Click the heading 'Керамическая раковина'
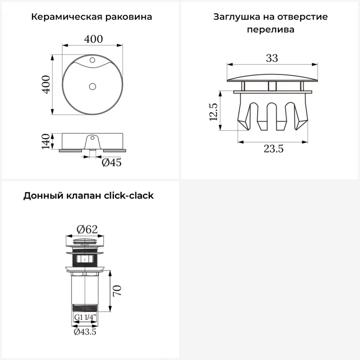[x=91, y=17]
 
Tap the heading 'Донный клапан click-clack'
[x=89, y=195]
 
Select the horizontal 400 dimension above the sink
[x=93, y=39]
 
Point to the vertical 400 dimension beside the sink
[x=46, y=85]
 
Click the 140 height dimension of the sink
[x=46, y=141]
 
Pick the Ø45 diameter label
[x=112, y=163]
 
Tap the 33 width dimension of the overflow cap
[x=272, y=58]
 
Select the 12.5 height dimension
[x=213, y=112]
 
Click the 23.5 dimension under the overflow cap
[x=274, y=149]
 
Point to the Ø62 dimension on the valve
[x=87, y=229]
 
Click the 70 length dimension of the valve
[x=117, y=291]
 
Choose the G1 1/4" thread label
[x=85, y=317]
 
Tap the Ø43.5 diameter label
[x=85, y=332]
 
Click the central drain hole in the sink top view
[x=93, y=86]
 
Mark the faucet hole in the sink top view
[x=92, y=60]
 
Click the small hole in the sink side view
[x=92, y=138]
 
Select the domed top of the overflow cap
[x=272, y=78]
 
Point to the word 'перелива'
[x=271, y=30]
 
